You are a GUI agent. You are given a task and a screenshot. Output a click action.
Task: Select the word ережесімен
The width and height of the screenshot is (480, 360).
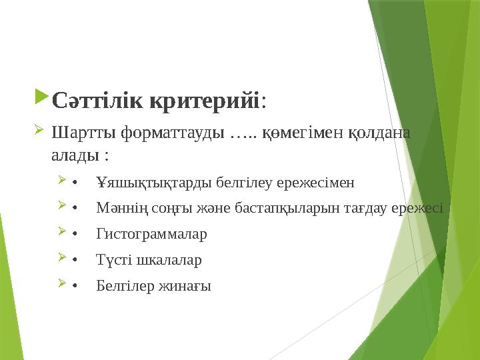click(x=318, y=182)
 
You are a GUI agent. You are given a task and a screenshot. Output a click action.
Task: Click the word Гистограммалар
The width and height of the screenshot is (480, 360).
click(x=151, y=234)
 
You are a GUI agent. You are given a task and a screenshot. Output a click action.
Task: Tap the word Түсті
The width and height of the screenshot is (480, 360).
click(x=113, y=260)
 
